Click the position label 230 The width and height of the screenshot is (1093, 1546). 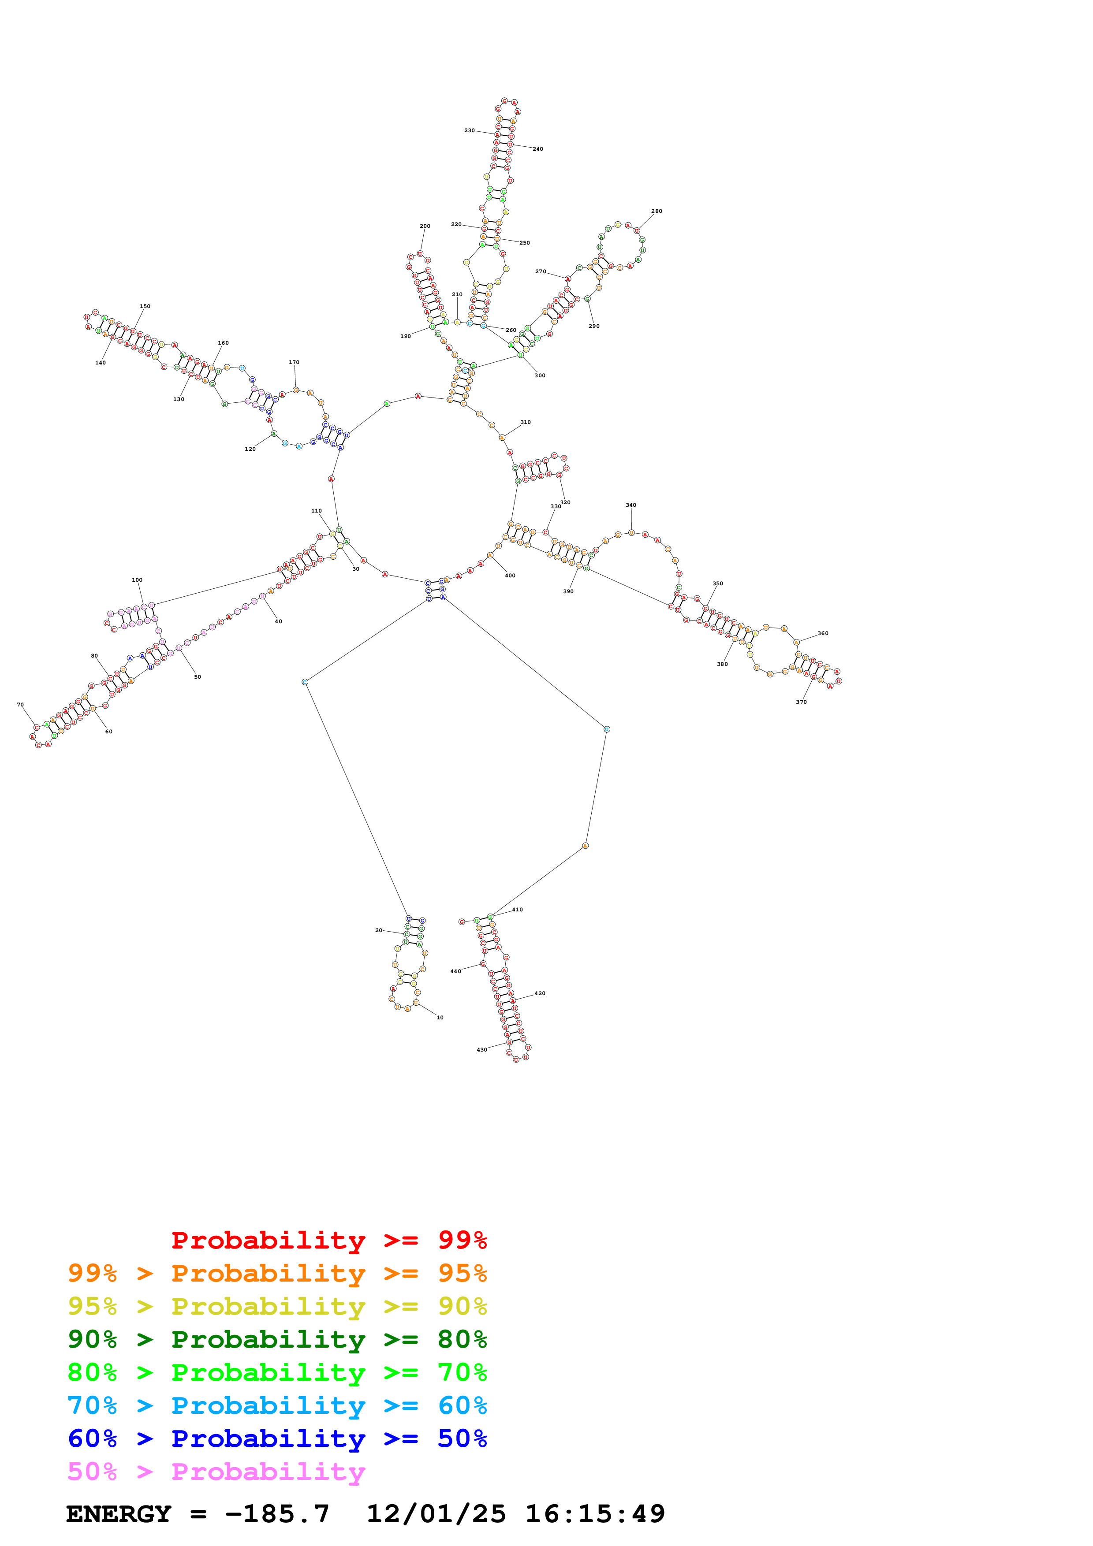470,130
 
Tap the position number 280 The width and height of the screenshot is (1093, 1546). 657,212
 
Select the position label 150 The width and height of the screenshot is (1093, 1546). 145,306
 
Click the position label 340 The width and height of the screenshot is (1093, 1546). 631,505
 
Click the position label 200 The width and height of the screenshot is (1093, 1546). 425,226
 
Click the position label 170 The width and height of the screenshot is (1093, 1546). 294,362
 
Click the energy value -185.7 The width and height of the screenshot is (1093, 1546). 277,1514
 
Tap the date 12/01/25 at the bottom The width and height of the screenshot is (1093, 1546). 436,1514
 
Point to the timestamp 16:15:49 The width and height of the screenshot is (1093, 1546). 595,1514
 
